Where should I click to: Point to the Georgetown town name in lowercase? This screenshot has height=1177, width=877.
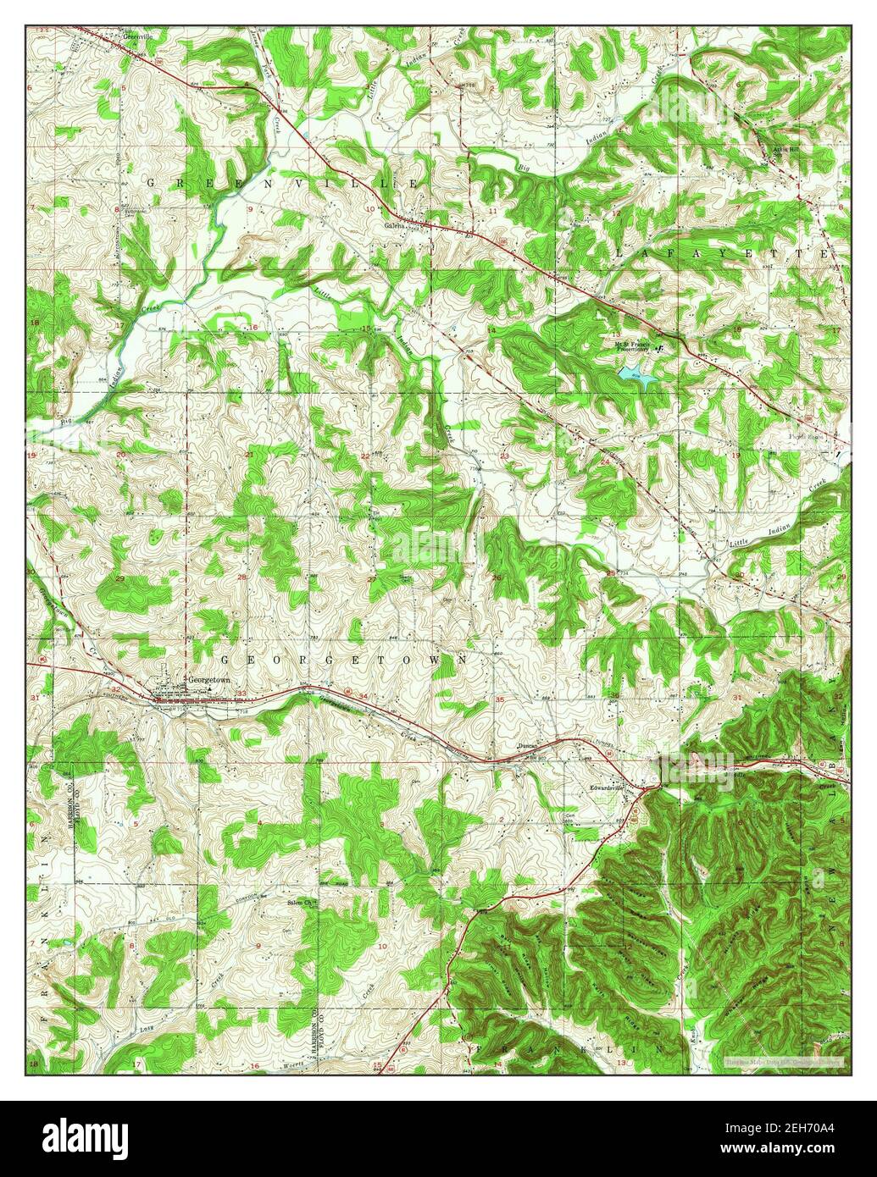pyautogui.click(x=209, y=679)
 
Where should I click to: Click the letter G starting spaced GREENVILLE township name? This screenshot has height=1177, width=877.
pyautogui.click(x=153, y=182)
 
